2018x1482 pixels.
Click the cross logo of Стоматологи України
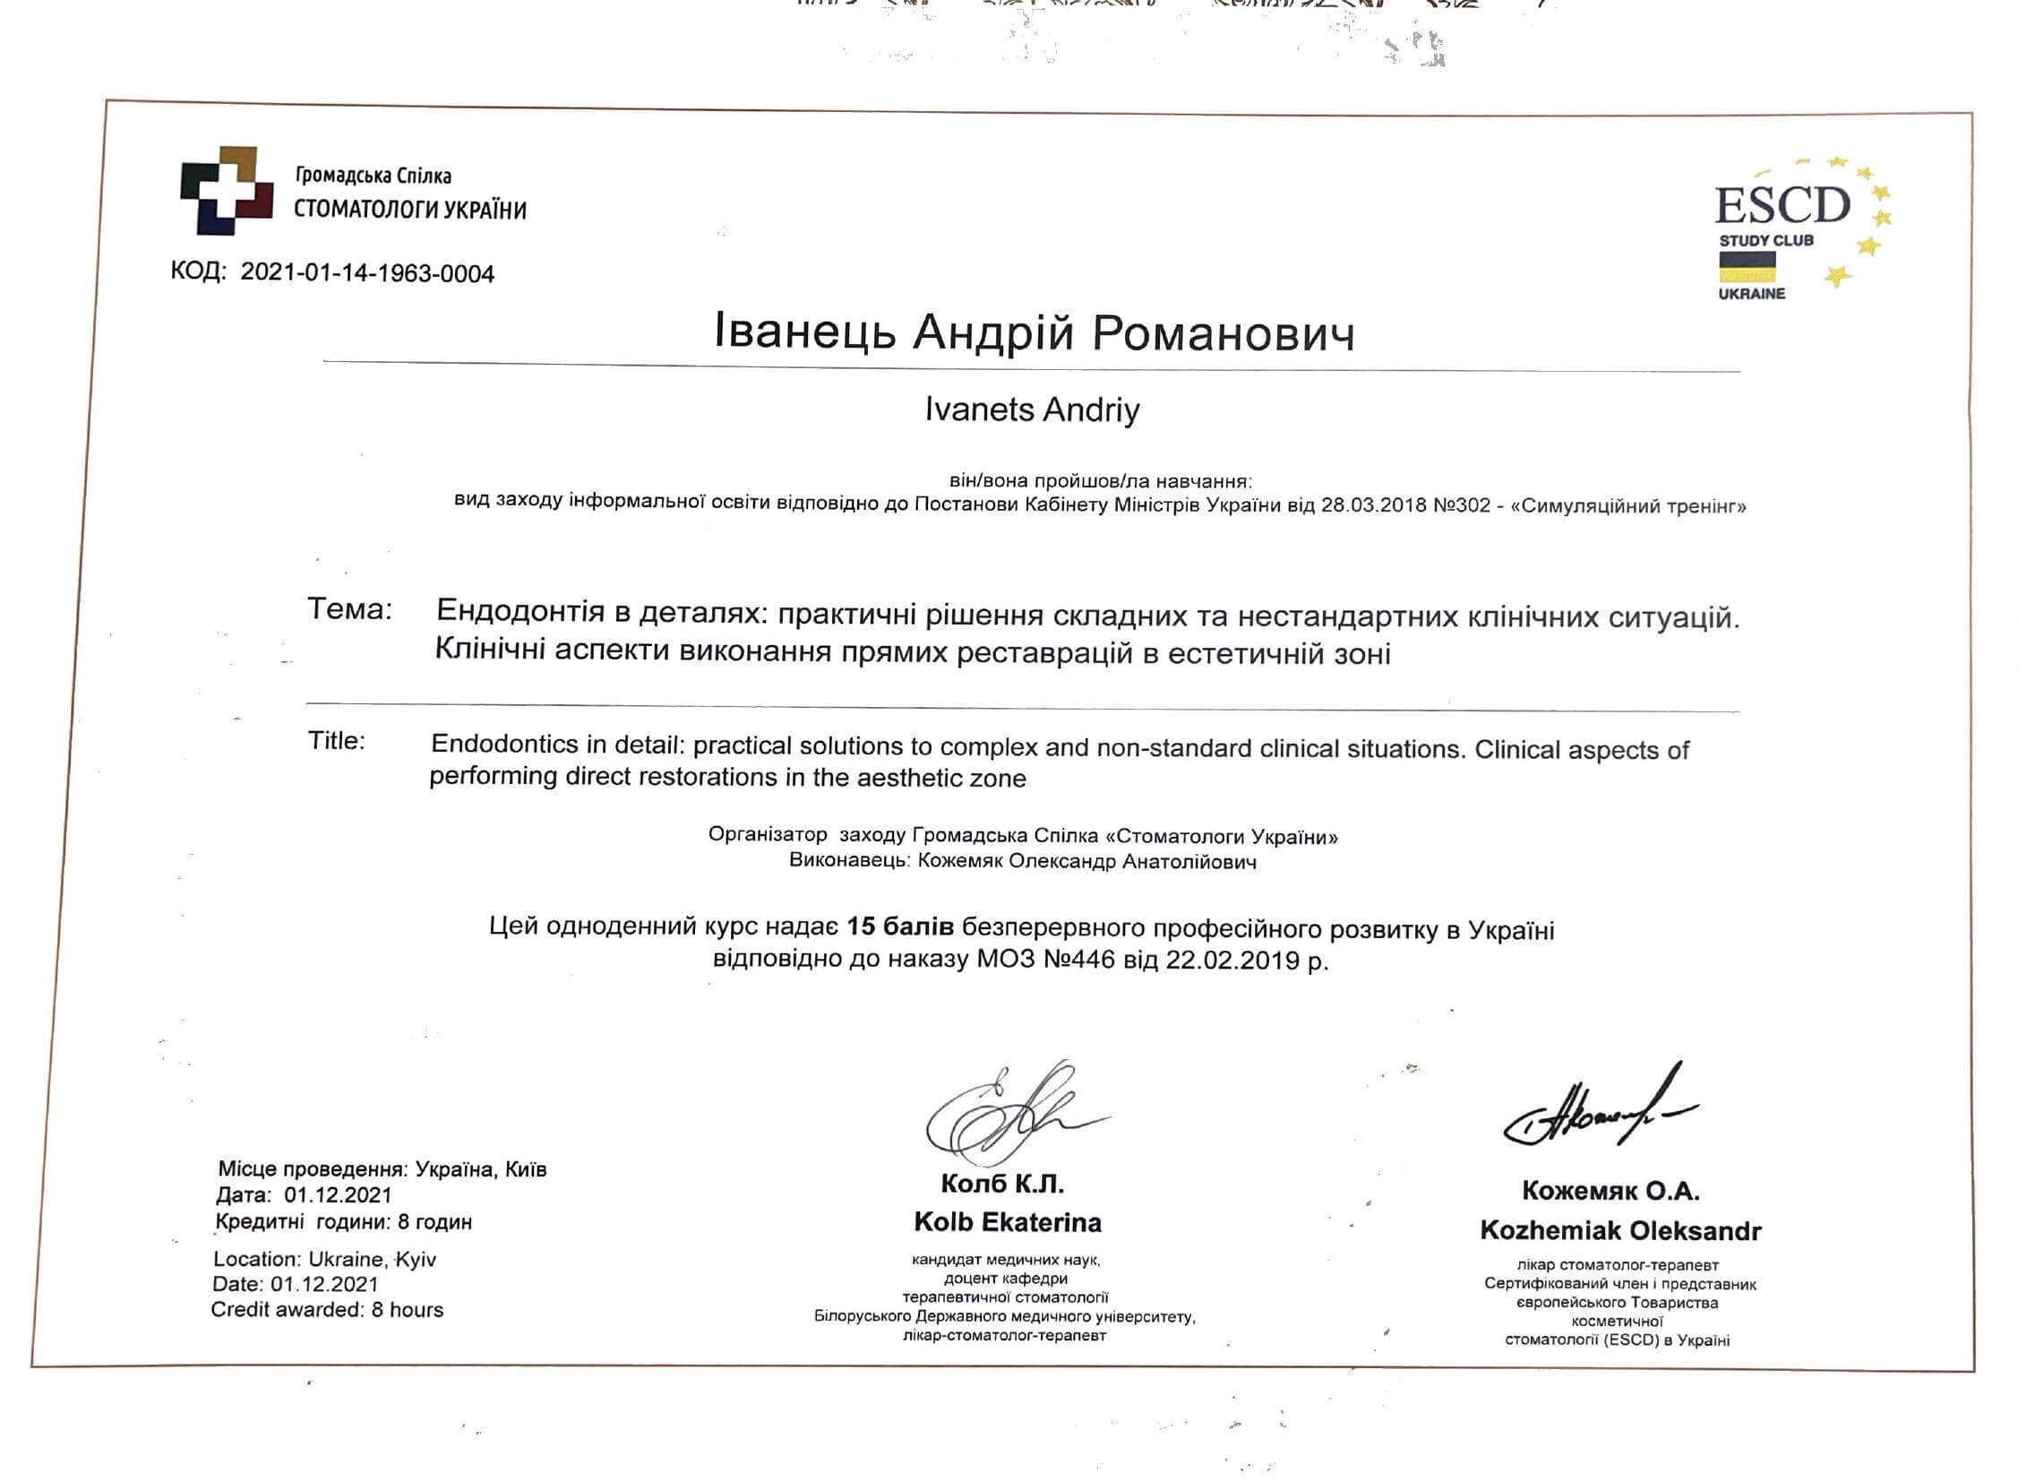(226, 189)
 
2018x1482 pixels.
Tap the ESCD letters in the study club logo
(1782, 205)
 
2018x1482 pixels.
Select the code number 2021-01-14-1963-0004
(367, 272)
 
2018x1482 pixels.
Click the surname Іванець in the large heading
(804, 331)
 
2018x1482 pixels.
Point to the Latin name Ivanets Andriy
(1032, 410)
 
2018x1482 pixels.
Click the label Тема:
(350, 609)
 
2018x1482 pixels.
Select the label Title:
(337, 740)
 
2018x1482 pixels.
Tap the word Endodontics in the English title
(503, 744)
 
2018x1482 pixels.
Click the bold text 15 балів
(899, 926)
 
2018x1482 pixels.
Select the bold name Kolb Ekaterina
(1007, 1222)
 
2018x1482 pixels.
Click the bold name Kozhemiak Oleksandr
(1619, 1230)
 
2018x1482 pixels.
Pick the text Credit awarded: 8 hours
(326, 1310)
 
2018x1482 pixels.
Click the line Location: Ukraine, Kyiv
(323, 1259)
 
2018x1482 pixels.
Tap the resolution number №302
(1459, 505)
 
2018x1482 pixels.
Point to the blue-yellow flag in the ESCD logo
(1747, 266)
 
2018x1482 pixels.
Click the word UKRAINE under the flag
(1751, 293)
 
